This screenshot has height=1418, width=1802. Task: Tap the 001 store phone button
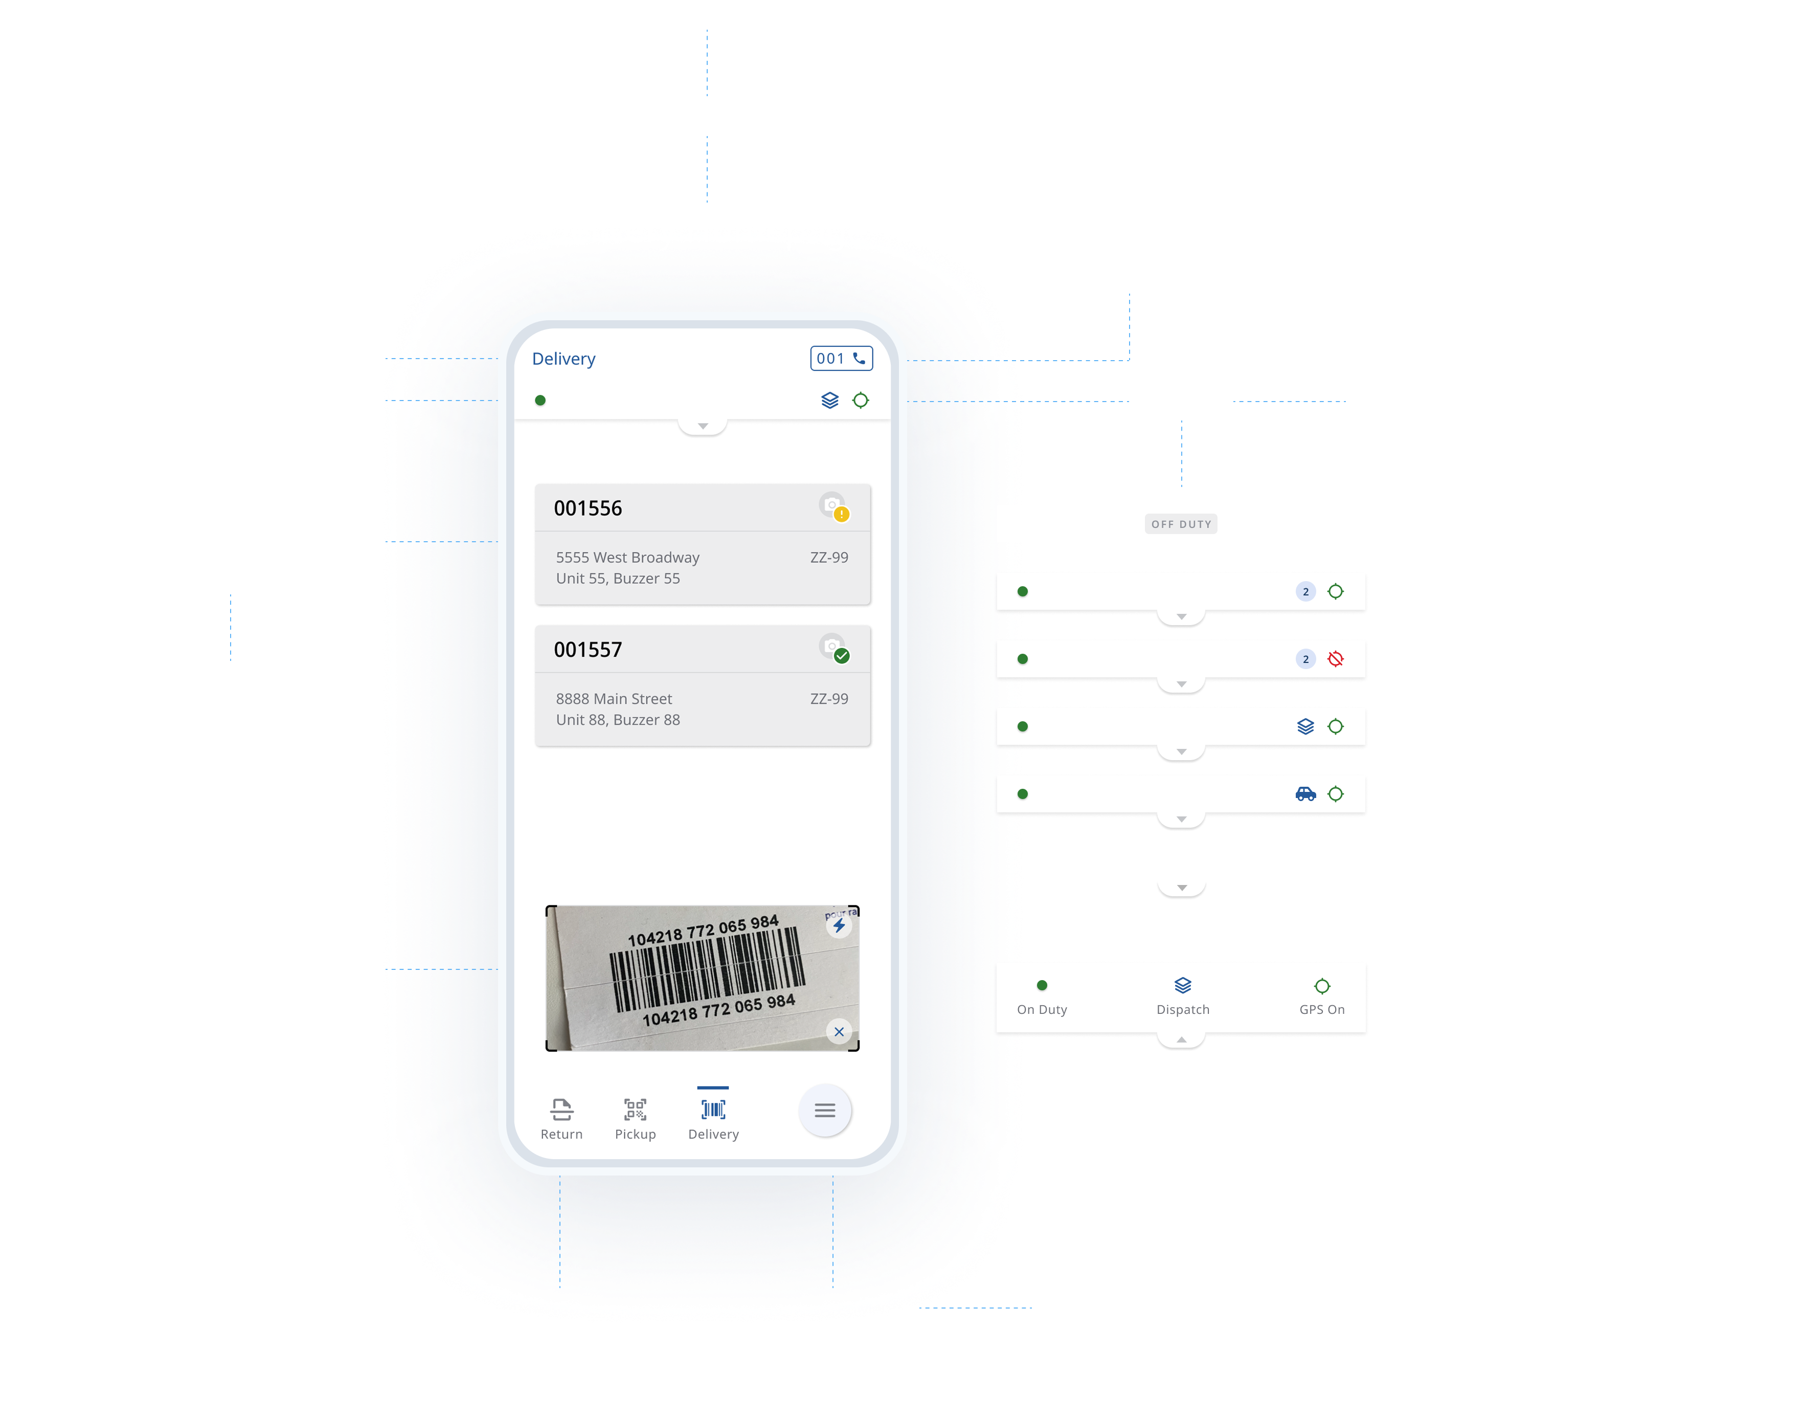841,359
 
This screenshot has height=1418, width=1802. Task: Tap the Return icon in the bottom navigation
561,1110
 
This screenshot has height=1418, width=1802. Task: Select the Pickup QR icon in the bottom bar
635,1110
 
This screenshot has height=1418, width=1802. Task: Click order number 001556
588,508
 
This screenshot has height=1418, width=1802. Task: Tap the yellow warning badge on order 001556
842,515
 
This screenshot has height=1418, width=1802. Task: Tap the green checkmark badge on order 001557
842,656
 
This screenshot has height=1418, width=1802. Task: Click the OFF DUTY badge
1181,524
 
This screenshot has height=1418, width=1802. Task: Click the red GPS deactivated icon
1336,659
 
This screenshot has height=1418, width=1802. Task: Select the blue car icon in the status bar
1305,794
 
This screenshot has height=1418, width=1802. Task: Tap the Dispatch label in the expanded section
1183,1010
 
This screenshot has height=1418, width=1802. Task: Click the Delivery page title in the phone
564,359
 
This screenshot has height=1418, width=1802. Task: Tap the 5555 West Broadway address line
627,557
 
